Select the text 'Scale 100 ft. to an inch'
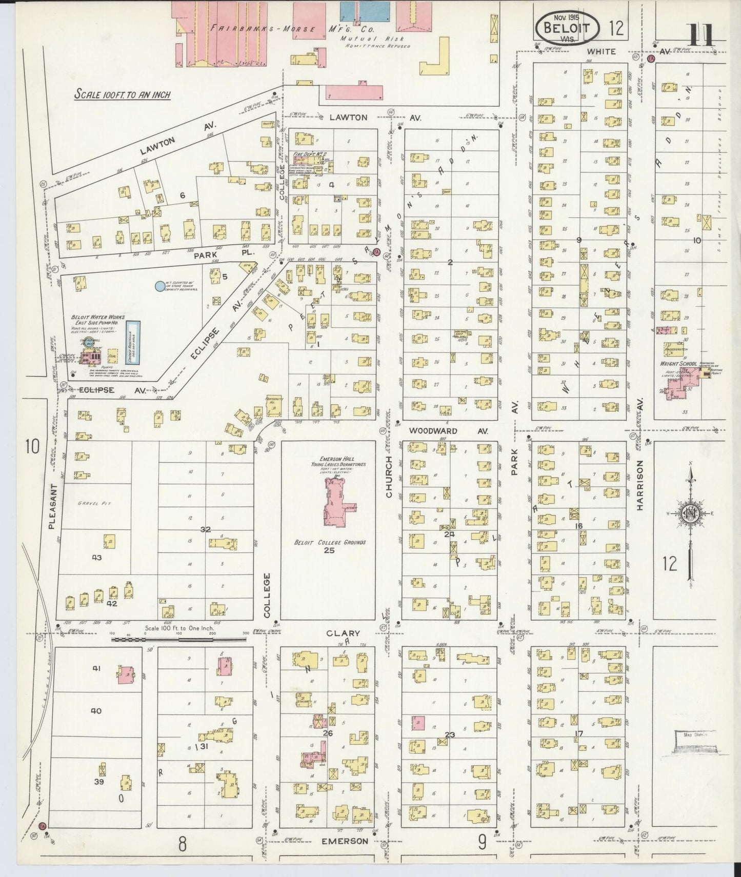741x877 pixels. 123,94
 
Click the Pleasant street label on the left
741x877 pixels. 52,508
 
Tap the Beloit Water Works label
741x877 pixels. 97,318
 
